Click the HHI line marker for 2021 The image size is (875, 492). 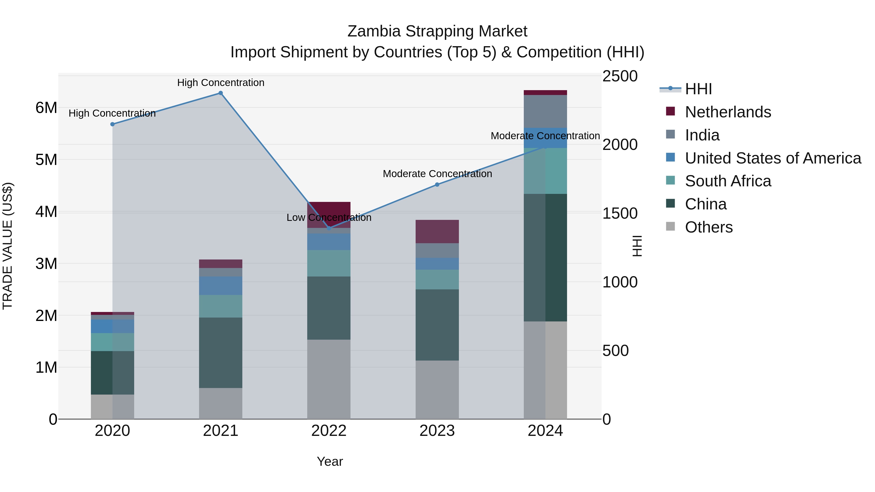220,93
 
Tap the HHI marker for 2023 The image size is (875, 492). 437,185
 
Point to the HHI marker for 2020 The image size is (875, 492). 113,124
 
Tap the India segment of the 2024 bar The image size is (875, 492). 545,111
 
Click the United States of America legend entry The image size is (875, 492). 773,158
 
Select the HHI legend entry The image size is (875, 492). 698,89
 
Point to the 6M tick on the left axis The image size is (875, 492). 46,108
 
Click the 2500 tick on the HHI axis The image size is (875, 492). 620,76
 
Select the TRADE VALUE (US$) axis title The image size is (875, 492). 8,246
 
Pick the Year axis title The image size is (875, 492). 330,461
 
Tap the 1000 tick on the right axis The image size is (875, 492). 620,282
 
